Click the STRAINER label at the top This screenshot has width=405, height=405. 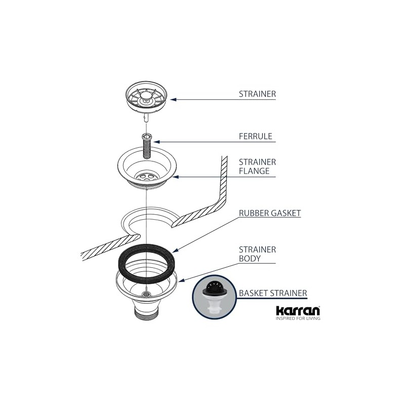point(257,94)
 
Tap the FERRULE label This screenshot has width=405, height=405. point(255,136)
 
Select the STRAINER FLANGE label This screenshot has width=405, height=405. point(257,167)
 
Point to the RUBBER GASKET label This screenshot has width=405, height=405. point(270,213)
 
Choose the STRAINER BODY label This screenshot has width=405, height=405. point(257,254)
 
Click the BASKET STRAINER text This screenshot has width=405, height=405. point(273,293)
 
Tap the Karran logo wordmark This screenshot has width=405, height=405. point(298,310)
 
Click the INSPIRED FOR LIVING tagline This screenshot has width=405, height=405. point(298,319)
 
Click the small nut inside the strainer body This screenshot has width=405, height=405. point(146,293)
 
